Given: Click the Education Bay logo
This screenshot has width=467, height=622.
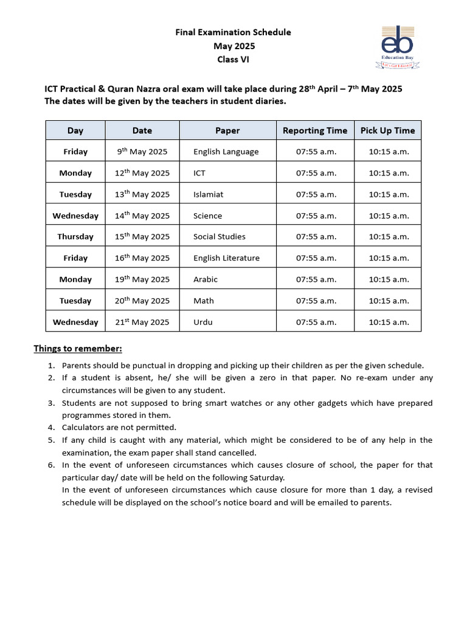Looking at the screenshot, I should tap(396, 46).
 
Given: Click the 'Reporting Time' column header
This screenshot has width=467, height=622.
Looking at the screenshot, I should tap(315, 131).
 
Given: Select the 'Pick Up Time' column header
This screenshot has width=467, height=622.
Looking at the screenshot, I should tap(388, 131).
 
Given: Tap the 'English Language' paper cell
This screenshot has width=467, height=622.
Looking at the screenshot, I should tap(226, 152).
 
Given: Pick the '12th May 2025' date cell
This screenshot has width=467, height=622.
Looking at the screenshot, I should tap(142, 173).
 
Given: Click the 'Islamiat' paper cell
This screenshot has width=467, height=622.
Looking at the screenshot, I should tap(209, 194).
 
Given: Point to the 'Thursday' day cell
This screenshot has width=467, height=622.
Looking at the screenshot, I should tap(75, 237).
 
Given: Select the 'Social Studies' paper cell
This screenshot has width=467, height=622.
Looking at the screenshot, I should tap(220, 237).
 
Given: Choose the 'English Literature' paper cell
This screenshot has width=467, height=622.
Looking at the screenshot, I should tap(226, 258).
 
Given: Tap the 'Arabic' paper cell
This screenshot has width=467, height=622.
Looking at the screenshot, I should tap(206, 279).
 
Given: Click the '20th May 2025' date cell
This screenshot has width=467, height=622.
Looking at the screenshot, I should tap(142, 301).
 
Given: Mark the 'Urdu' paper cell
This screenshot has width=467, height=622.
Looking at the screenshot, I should tap(203, 322).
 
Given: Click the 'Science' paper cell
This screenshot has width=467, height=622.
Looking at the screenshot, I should tap(208, 216).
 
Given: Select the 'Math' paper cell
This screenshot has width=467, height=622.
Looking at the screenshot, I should tap(204, 301).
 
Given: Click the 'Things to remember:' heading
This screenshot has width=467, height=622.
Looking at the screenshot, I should tap(78, 349).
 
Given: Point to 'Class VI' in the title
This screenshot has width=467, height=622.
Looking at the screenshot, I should tap(233, 60).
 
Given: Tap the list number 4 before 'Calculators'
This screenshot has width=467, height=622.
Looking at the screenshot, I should tap(51, 427).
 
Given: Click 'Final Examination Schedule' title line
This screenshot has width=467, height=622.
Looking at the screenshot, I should tap(233, 32).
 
